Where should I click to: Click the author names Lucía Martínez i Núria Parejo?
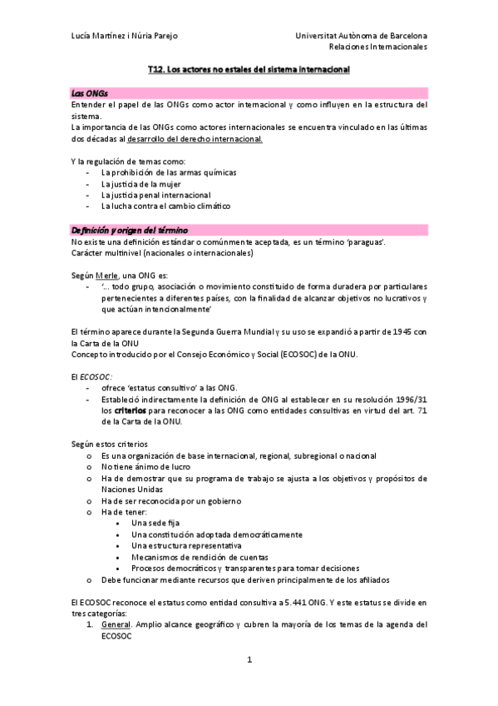[x=124, y=37]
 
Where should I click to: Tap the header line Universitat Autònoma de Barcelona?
[x=361, y=37]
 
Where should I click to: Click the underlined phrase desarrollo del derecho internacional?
[x=206, y=139]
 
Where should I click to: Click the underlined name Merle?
[x=106, y=275]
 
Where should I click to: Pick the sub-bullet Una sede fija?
[x=155, y=523]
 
